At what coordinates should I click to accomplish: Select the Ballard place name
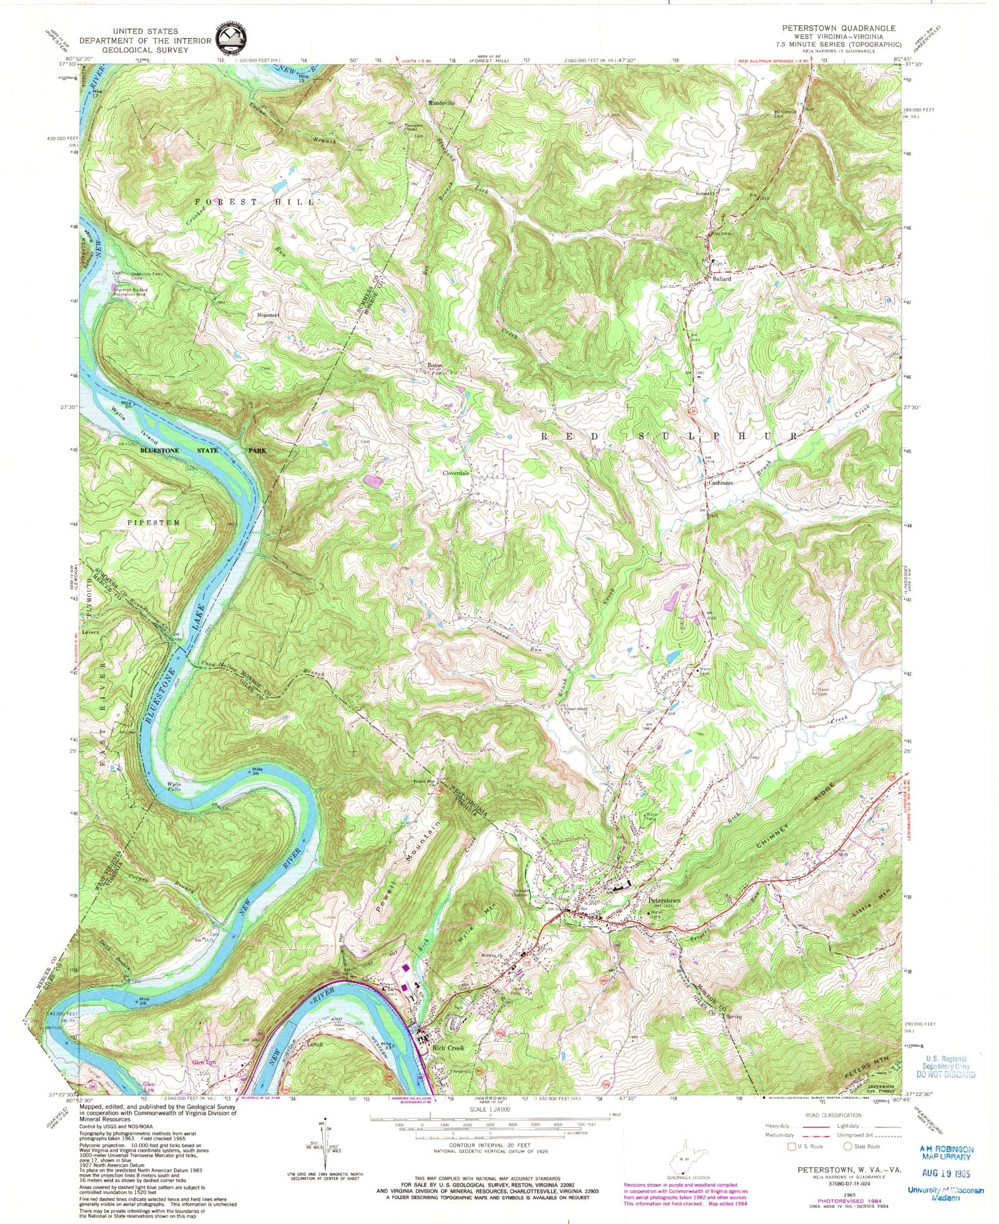pos(722,279)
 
